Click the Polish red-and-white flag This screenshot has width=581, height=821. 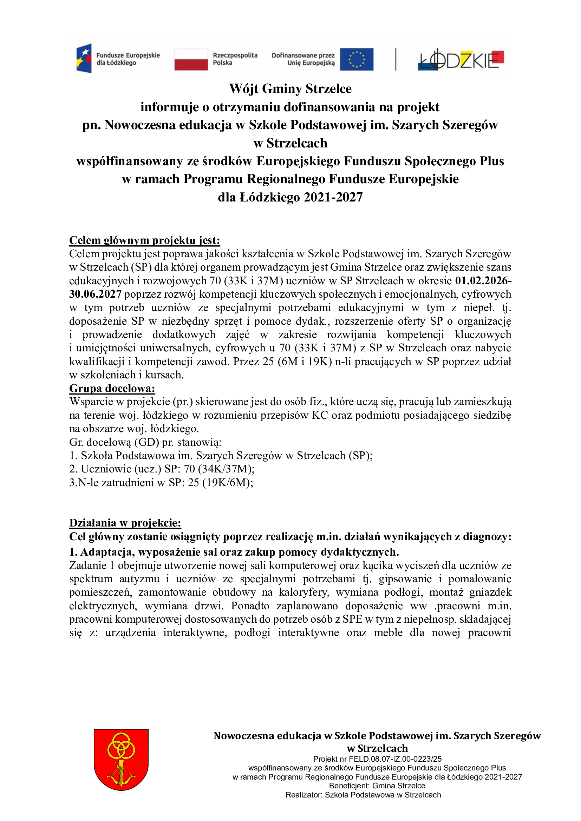tap(191, 59)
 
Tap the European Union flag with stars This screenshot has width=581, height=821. tap(356, 59)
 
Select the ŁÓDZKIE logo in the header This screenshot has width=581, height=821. tap(461, 60)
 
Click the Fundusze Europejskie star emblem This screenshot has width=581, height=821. tap(84, 59)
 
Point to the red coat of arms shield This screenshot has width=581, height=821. tap(121, 760)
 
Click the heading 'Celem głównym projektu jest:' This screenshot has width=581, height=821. tap(144, 240)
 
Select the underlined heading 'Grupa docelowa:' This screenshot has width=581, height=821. tap(112, 388)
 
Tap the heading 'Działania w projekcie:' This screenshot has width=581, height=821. tap(125, 523)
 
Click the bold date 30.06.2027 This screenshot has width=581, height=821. tap(95, 294)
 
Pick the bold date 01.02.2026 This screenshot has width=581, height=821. tap(482, 281)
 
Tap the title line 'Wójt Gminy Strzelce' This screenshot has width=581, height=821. tap(290, 89)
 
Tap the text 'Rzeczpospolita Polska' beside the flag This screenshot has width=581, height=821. tap(235, 59)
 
